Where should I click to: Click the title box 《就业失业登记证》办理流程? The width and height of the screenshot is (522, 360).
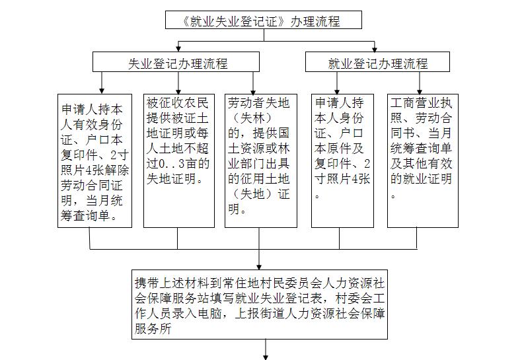(264, 20)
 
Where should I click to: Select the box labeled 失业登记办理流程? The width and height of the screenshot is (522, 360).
(176, 62)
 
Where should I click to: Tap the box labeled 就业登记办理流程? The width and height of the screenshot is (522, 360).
(377, 62)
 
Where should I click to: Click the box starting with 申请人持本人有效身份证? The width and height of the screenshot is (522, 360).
(95, 161)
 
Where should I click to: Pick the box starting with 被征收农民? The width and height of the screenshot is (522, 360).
(179, 161)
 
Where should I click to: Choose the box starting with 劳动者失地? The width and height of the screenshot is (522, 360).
(261, 161)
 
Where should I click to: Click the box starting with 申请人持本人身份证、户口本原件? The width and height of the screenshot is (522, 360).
(342, 161)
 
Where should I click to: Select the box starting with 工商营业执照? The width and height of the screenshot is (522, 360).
(423, 161)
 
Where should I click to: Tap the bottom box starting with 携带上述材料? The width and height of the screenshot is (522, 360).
(260, 305)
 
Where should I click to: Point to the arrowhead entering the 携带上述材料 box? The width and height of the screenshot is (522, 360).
(259, 267)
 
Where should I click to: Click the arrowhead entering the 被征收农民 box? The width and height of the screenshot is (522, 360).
(178, 92)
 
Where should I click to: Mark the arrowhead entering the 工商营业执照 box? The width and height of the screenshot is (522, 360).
(420, 92)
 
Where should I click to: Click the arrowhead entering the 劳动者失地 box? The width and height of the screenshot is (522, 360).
(253, 92)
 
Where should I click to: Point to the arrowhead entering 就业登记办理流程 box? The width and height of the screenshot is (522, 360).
(375, 50)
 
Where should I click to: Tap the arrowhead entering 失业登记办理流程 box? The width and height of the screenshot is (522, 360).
(178, 50)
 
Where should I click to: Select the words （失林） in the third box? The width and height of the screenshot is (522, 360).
(252, 118)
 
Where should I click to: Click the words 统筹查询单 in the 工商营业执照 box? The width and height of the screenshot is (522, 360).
(421, 149)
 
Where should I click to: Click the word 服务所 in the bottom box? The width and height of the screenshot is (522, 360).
(153, 329)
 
